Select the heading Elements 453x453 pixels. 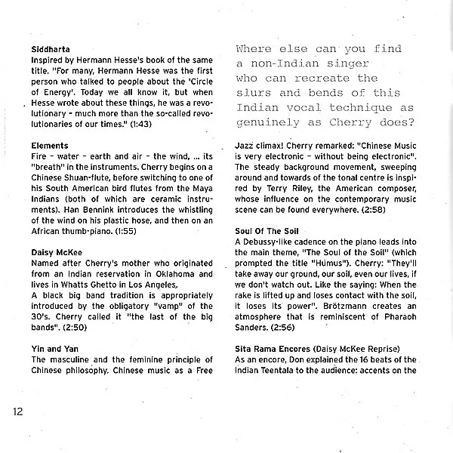pyautogui.click(x=50, y=145)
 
